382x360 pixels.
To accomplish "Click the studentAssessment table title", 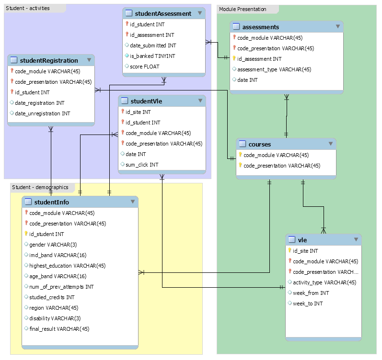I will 163,14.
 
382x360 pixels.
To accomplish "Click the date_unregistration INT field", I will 42,113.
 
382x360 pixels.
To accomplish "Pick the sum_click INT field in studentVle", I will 142,165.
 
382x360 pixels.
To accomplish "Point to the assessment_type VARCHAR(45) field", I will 274,69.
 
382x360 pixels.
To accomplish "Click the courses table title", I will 259,144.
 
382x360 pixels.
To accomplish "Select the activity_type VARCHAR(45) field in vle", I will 324,282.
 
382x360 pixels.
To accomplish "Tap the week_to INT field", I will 308,304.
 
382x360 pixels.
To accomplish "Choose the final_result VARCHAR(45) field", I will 59,329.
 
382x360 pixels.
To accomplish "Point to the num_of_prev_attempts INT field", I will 61,287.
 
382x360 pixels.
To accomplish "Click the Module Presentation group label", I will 243,9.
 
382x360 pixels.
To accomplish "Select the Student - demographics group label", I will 40,187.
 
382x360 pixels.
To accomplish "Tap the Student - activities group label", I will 28,8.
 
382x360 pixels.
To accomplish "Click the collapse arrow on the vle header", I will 356,239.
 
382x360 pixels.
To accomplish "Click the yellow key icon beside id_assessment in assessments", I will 234,59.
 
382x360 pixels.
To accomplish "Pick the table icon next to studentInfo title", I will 28,202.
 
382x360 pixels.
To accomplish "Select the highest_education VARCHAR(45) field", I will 67,266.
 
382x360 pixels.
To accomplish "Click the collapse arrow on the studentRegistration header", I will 89,60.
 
